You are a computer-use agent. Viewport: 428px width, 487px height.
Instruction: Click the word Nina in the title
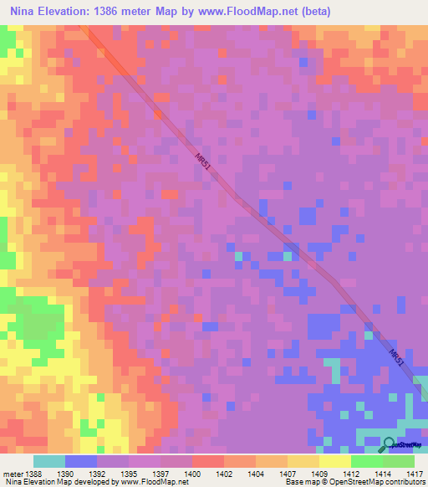click(x=25, y=12)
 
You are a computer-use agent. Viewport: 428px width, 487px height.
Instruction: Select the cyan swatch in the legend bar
click(x=49, y=461)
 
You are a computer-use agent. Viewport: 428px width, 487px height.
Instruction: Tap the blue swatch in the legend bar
click(x=81, y=461)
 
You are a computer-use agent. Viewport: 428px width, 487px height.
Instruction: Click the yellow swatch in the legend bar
click(x=335, y=461)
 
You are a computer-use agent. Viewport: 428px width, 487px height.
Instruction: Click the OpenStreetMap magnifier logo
click(x=389, y=444)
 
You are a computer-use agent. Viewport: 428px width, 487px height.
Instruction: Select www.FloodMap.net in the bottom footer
click(x=147, y=483)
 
